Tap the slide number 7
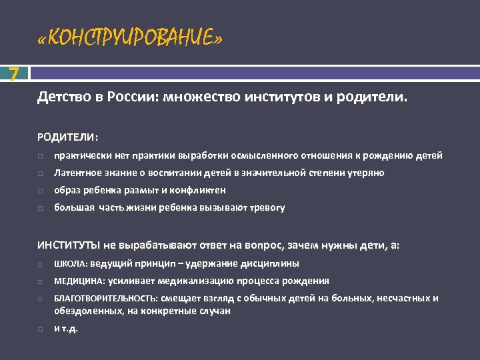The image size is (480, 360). point(14,73)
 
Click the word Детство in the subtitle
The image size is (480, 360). point(61,99)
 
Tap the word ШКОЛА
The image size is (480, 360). point(67,263)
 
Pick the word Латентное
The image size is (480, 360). point(75,173)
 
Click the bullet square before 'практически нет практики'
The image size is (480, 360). point(41,156)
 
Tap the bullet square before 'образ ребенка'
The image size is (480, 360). point(41,191)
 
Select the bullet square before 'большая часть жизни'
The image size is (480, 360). point(41,208)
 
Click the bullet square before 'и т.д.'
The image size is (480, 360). point(41,329)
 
